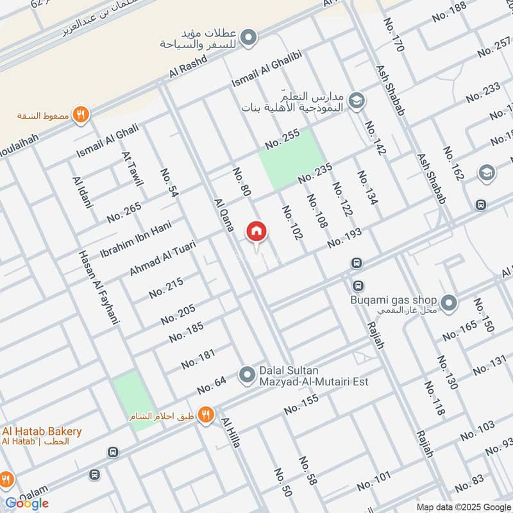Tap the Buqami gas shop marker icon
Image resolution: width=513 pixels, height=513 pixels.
pyautogui.click(x=449, y=301)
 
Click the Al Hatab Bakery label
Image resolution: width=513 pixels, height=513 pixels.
pyautogui.click(x=42, y=432)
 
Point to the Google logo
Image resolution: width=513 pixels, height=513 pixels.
pyautogui.click(x=28, y=503)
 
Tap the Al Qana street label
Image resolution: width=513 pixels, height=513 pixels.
pyautogui.click(x=226, y=217)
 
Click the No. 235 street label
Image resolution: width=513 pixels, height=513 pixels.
pyautogui.click(x=314, y=173)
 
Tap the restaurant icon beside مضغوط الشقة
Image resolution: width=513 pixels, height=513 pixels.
pyautogui.click(x=81, y=115)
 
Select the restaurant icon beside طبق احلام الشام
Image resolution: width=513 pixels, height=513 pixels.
pyautogui.click(x=205, y=415)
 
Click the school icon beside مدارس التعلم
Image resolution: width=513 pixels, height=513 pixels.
pyautogui.click(x=357, y=101)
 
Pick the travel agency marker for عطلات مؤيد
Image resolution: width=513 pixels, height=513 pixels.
pyautogui.click(x=250, y=37)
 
